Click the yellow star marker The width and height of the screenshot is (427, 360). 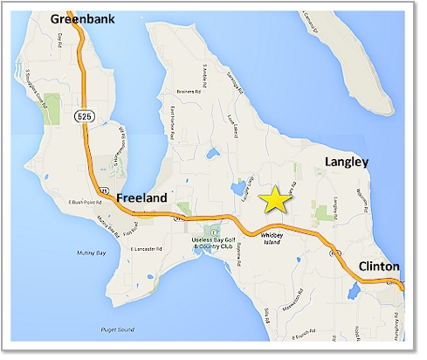click(276, 199)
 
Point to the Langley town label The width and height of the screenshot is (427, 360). click(347, 162)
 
